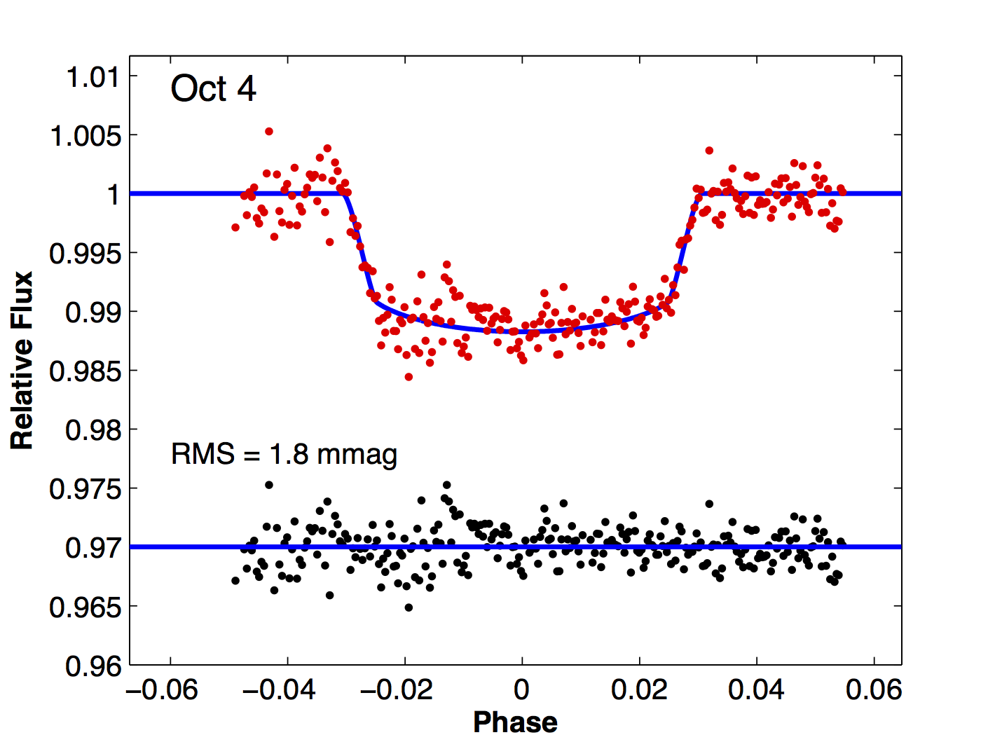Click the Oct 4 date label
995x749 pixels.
(213, 89)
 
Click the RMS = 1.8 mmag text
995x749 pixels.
(284, 454)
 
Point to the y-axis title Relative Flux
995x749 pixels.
(22, 360)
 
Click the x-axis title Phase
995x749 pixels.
(515, 722)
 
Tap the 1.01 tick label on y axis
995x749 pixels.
(93, 76)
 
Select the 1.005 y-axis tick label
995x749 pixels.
(85, 135)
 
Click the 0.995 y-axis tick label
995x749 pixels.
(85, 253)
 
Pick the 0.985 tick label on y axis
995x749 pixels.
(85, 371)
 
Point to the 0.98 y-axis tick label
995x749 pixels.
(93, 430)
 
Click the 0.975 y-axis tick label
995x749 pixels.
(85, 488)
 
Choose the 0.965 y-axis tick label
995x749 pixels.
(85, 607)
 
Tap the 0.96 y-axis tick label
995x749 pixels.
(93, 666)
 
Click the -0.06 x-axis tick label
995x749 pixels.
(163, 689)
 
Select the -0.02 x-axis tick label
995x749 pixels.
(397, 689)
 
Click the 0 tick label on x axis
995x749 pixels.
(521, 689)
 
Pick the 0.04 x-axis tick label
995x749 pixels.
(756, 689)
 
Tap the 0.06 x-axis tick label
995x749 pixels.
(873, 689)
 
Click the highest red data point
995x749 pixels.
(268, 131)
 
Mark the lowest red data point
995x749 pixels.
(409, 377)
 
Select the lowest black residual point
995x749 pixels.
(409, 607)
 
